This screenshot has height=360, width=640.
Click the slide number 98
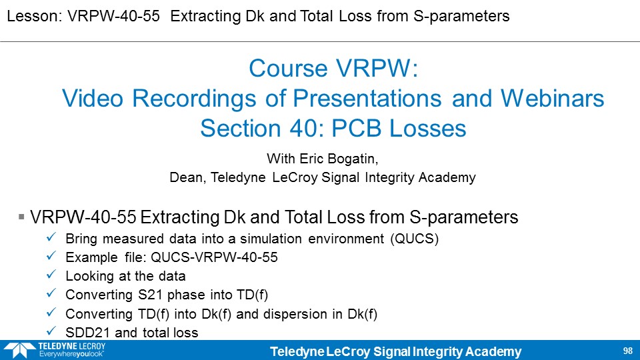[628, 351]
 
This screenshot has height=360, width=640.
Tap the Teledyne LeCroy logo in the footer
[55, 350]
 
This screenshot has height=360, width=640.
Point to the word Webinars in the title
[552, 99]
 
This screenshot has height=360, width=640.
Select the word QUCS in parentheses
[414, 239]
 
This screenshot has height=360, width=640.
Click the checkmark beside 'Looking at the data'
[51, 275]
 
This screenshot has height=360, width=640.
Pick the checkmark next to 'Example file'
[51, 256]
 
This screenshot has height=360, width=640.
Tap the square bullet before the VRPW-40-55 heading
[21, 217]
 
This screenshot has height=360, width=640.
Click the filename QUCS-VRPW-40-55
[214, 257]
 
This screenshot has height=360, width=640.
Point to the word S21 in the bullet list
[151, 295]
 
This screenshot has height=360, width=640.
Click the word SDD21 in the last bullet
[88, 332]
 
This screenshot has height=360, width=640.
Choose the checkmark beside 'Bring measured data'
[51, 237]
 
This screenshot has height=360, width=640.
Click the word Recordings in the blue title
[194, 99]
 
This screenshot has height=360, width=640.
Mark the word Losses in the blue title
[427, 128]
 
